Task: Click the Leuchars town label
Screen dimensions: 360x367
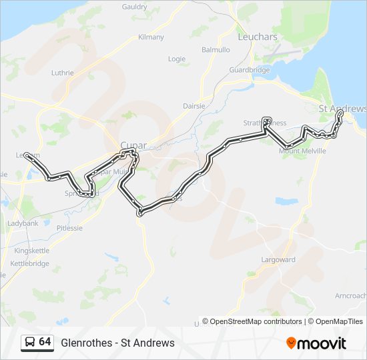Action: click(257, 37)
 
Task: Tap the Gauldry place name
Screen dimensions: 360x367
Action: click(135, 7)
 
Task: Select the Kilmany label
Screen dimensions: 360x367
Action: click(151, 37)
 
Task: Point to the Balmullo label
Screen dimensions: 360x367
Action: click(216, 50)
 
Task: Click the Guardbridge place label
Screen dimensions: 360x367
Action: click(249, 69)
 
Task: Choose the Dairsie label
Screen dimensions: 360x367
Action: click(195, 106)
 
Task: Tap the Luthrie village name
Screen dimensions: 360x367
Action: click(63, 73)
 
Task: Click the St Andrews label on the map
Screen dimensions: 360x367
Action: click(342, 109)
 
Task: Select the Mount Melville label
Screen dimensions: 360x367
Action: click(302, 151)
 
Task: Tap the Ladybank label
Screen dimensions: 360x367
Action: click(23, 223)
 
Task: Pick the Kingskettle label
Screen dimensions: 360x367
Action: click(31, 251)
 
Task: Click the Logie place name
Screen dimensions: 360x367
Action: click(177, 59)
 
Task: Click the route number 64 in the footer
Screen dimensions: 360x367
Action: click(45, 342)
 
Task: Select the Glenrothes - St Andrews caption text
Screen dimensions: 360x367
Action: click(117, 343)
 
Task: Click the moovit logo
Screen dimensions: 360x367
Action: click(316, 343)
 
